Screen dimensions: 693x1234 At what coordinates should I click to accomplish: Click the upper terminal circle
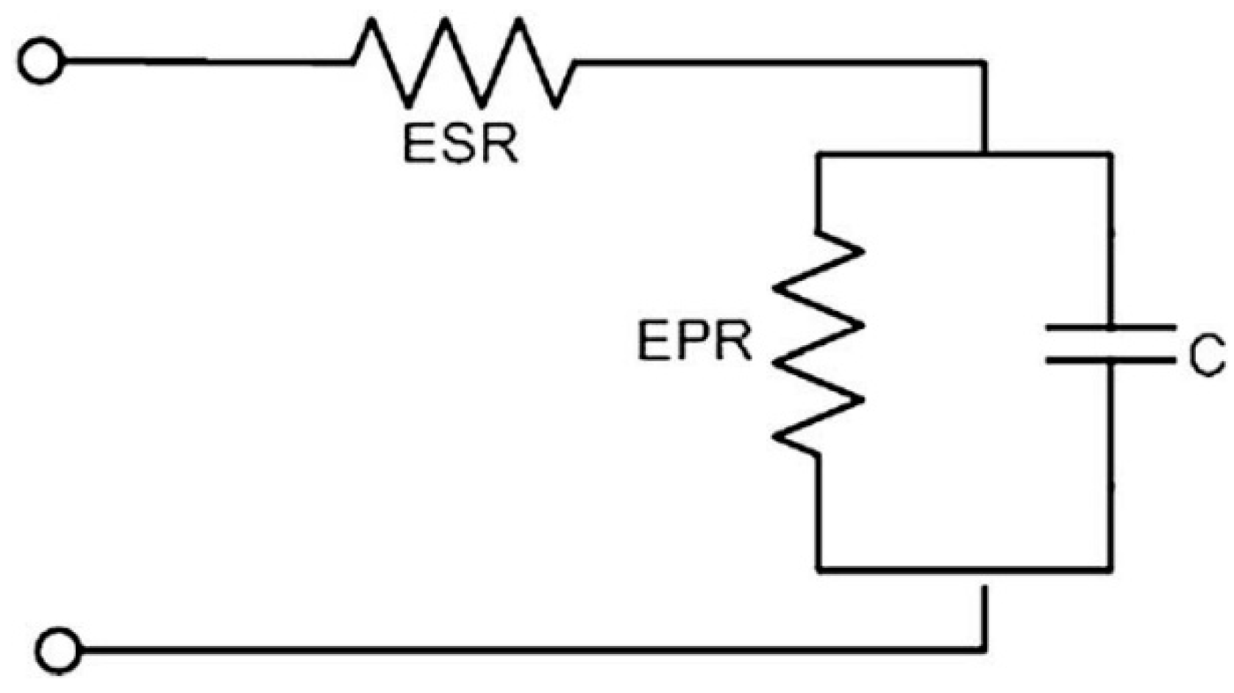coord(40,62)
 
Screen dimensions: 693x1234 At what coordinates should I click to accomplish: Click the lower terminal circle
coord(59,650)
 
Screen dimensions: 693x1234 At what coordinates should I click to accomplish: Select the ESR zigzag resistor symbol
coord(463,63)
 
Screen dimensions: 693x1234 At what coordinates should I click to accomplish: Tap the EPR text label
coord(694,341)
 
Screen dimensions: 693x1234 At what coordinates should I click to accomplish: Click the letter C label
coord(1206,356)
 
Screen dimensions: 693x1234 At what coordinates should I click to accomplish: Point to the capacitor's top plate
coord(1110,327)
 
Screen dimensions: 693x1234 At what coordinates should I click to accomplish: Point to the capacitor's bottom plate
coord(1110,360)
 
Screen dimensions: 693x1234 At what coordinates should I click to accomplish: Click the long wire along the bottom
coord(515,650)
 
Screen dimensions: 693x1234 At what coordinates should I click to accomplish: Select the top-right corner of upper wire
coord(984,63)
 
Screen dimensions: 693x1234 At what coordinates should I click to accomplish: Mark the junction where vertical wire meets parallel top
coord(984,154)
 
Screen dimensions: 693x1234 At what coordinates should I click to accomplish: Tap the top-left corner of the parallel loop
coord(818,154)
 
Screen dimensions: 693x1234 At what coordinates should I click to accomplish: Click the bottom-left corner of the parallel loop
coord(818,569)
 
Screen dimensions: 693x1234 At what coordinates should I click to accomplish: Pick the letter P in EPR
coord(693,341)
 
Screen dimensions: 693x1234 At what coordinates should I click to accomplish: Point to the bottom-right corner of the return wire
coord(984,650)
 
